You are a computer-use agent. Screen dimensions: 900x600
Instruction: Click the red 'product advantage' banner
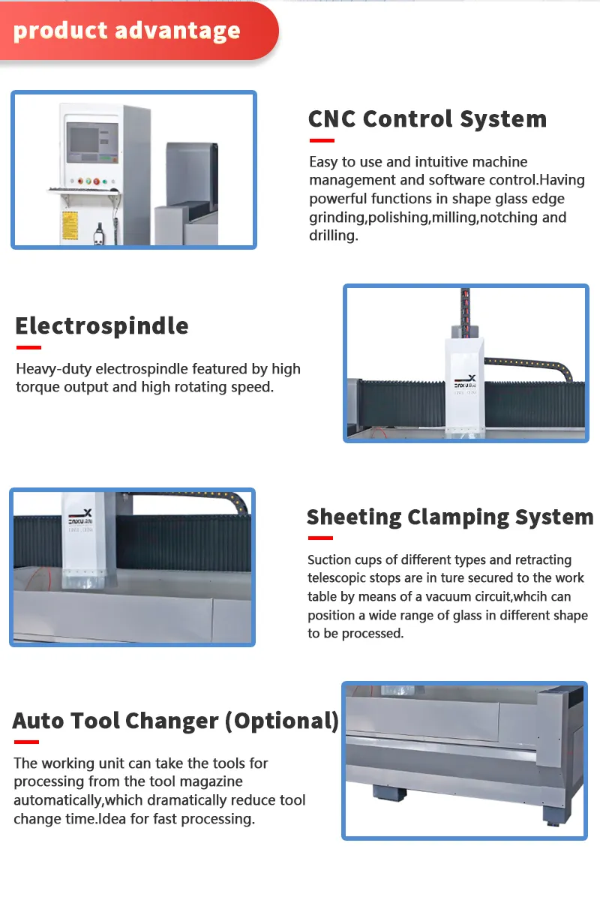127,31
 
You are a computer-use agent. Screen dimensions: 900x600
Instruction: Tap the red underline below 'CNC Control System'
321,140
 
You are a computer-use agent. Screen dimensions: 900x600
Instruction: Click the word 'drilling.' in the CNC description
333,235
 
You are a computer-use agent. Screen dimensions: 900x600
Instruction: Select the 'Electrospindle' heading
102,325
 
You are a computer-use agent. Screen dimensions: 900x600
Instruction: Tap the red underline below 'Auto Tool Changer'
26,742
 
